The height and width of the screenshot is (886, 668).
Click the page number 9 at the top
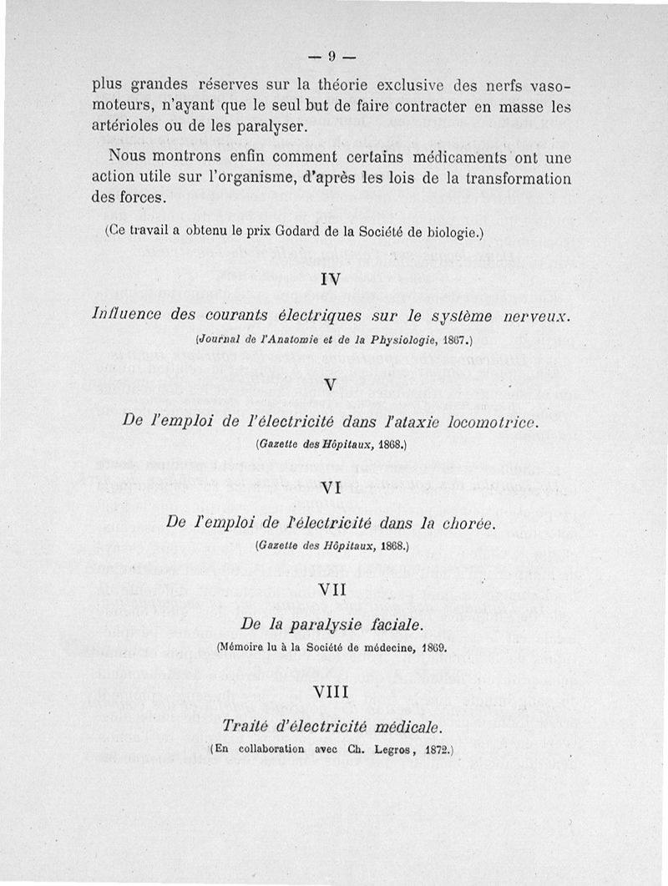click(331, 57)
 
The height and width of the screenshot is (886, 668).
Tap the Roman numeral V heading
click(330, 387)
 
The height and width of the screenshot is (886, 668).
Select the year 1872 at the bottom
click(428, 749)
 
